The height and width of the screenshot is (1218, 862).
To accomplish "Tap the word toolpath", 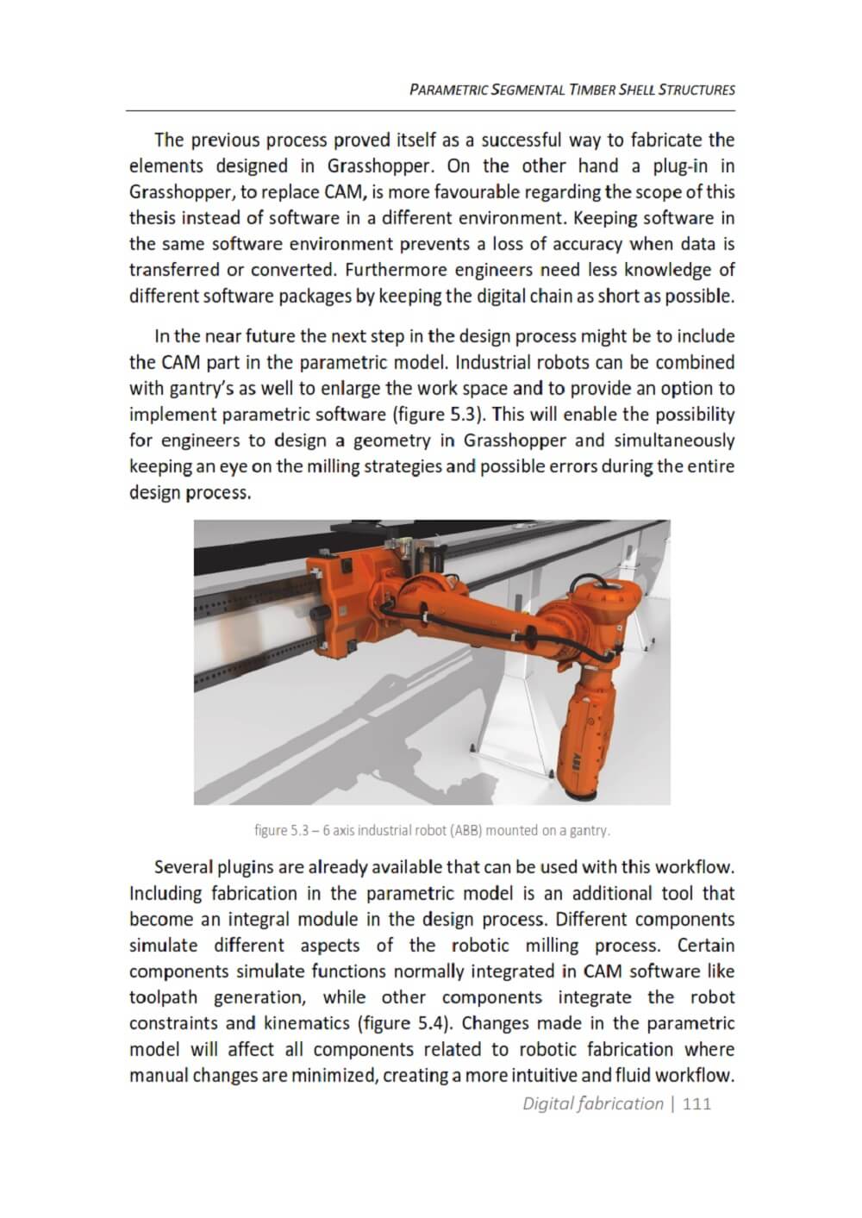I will coord(163,998).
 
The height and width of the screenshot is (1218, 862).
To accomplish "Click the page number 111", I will coord(696,1104).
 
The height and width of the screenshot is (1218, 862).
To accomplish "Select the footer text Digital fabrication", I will coord(592,1104).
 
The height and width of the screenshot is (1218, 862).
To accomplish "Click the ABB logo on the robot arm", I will coord(574,746).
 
